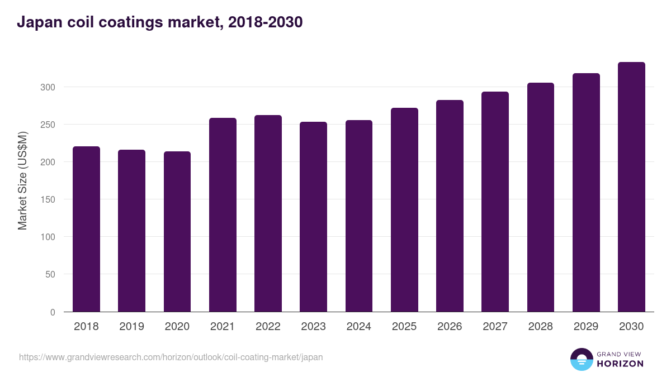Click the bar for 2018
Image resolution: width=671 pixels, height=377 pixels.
(86, 229)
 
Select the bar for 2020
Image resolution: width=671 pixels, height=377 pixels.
(177, 232)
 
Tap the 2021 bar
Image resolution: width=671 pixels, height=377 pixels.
(223, 215)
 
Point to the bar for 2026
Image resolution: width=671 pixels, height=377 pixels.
(450, 206)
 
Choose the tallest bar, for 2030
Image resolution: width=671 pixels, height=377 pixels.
(631, 187)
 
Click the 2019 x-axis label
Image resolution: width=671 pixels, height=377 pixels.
(131, 327)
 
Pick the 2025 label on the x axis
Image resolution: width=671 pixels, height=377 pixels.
(404, 327)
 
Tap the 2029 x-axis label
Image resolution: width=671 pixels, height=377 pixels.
(586, 327)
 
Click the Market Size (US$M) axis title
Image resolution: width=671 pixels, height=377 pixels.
(22, 180)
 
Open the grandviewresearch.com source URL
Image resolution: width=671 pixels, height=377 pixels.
(171, 357)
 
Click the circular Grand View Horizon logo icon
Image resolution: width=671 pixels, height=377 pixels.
(582, 359)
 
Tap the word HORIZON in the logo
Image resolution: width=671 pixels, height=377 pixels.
(620, 364)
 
